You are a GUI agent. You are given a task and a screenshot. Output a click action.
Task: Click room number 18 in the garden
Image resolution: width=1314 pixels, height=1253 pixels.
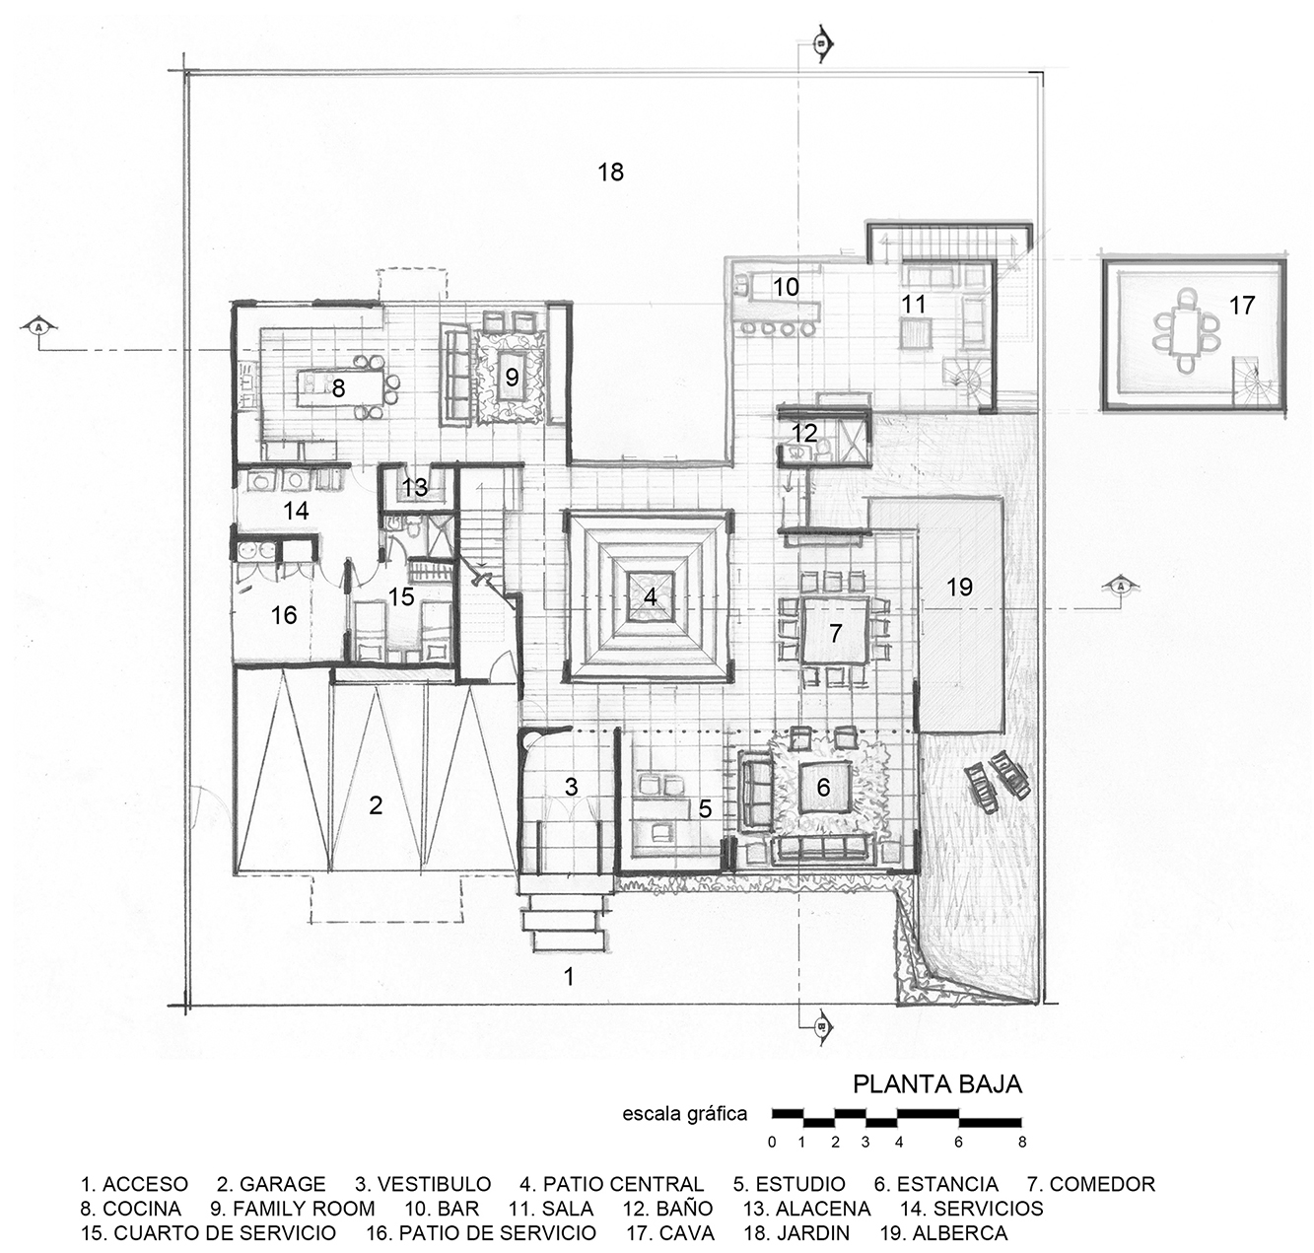(x=610, y=173)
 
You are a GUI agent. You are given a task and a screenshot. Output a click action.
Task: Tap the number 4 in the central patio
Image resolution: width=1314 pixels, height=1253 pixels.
(x=650, y=596)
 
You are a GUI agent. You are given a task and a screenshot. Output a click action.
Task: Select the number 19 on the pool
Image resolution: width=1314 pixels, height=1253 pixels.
(x=959, y=588)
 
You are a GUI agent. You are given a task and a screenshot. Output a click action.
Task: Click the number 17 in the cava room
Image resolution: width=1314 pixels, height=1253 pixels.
(x=1242, y=306)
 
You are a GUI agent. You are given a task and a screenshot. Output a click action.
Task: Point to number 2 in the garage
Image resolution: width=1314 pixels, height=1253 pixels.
(x=376, y=805)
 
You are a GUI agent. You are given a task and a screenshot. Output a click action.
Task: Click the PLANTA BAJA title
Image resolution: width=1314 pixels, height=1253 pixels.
(x=936, y=1084)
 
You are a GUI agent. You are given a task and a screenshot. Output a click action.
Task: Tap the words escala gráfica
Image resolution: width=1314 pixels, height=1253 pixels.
(x=685, y=1115)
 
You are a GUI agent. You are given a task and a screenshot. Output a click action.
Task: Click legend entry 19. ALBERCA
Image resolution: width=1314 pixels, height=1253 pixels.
(x=943, y=1233)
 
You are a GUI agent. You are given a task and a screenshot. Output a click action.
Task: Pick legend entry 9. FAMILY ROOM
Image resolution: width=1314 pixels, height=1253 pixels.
(x=292, y=1209)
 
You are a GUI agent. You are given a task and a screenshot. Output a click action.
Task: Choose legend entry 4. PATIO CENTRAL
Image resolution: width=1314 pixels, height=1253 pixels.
(x=611, y=1184)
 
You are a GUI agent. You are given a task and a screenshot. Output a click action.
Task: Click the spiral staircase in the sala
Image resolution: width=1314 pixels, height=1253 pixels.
(x=962, y=380)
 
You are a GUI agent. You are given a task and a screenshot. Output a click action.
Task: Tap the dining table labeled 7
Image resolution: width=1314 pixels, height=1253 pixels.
(x=836, y=633)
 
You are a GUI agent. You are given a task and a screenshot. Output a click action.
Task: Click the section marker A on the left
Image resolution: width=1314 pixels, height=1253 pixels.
(x=38, y=326)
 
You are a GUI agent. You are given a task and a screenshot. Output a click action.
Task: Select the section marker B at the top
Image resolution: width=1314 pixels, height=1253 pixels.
(x=820, y=43)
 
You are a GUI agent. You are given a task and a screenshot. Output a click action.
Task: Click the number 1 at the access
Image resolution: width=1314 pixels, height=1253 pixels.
(x=568, y=977)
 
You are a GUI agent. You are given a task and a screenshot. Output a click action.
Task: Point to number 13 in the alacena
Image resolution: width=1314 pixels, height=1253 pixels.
(x=415, y=487)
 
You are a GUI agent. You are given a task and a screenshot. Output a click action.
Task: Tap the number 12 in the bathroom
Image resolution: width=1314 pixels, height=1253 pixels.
(x=804, y=433)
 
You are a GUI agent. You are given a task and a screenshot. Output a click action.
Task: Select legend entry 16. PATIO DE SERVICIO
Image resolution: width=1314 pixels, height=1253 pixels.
(x=481, y=1233)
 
